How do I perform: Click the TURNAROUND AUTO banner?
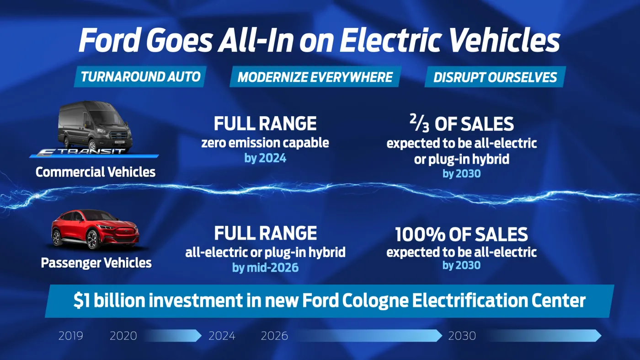[x=140, y=77]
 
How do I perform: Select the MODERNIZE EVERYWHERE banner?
[x=315, y=77]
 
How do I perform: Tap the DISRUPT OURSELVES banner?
[x=495, y=77]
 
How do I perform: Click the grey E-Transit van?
[x=95, y=124]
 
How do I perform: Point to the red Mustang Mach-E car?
[x=95, y=230]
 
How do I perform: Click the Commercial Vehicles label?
[x=96, y=172]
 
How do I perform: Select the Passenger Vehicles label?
[x=96, y=263]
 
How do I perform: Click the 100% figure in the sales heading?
[x=420, y=235]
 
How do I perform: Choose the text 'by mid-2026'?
[x=265, y=267]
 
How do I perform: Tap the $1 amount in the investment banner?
[x=83, y=301]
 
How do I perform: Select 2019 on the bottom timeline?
[x=71, y=336]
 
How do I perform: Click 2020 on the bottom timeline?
[x=123, y=336]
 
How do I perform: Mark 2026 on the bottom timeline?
[x=274, y=336]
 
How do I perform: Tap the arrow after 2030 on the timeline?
[x=544, y=336]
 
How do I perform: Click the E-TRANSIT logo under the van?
[x=94, y=152]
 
